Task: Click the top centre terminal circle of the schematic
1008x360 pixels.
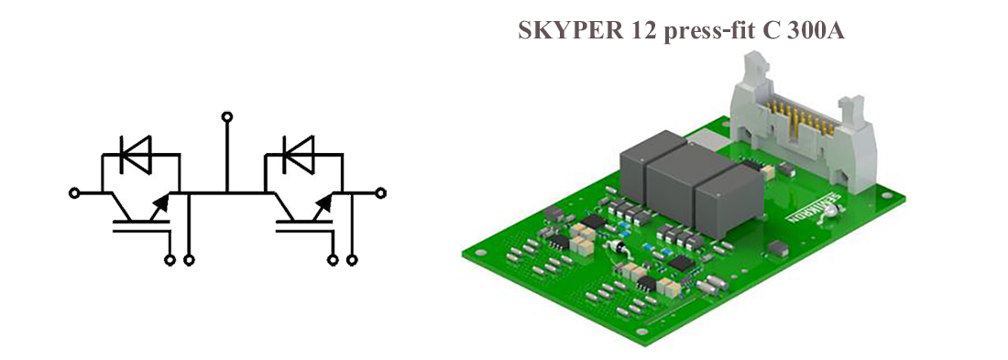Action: [x=226, y=116]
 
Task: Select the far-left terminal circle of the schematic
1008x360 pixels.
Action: [x=74, y=192]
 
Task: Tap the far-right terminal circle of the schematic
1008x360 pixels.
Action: [x=380, y=192]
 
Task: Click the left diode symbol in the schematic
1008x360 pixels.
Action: [x=136, y=154]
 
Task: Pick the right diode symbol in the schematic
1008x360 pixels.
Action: [x=299, y=154]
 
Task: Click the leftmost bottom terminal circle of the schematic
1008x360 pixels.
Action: [x=170, y=260]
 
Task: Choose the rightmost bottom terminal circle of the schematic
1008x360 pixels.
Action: [x=352, y=260]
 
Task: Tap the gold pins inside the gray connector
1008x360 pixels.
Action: [x=800, y=115]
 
